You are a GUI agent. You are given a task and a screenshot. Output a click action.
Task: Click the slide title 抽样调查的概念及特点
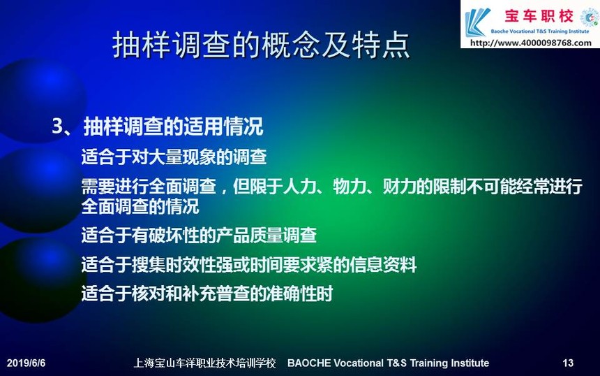point(262,45)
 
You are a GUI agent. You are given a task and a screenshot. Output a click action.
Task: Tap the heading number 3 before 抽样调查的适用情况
point(57,126)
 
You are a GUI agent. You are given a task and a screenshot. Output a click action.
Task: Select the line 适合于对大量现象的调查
point(174,157)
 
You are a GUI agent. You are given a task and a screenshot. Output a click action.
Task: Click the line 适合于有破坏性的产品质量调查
point(199,235)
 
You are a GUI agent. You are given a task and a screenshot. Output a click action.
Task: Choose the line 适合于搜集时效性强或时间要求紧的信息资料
point(249,264)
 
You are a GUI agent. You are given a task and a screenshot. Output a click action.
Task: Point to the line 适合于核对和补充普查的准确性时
point(207,294)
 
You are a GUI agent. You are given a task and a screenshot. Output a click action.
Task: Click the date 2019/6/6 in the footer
point(26,363)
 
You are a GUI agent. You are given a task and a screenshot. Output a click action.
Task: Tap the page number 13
point(568,363)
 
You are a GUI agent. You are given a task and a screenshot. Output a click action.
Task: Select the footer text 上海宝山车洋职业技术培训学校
point(204,363)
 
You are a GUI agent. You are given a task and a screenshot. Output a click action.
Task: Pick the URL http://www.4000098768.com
point(531,43)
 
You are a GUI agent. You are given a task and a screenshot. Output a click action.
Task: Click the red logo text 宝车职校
point(539,16)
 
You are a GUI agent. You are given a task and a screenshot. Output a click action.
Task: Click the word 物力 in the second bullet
point(350,187)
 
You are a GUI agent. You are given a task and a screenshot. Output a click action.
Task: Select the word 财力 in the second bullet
point(399,187)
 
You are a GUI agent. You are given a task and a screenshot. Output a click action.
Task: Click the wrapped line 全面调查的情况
point(140,207)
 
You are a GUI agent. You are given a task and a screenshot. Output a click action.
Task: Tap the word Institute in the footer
point(471,363)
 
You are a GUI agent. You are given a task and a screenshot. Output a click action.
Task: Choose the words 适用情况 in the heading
point(223,126)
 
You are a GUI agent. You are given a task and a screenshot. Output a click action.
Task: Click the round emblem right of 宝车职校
point(589,17)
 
